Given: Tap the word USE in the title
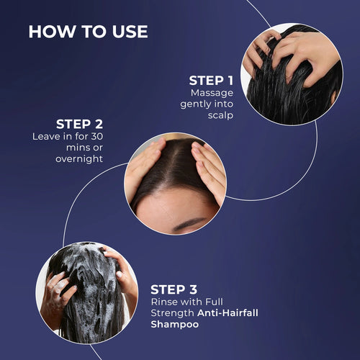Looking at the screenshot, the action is (x=130, y=32).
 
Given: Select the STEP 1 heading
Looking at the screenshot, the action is (x=211, y=81).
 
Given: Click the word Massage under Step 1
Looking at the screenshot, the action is (x=212, y=94).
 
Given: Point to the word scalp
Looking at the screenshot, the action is (x=220, y=115).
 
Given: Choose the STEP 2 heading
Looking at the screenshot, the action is (x=79, y=125).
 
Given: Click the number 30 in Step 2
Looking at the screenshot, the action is (x=97, y=136).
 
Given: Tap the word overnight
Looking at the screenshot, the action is (x=79, y=159).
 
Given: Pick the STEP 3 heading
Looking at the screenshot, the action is (x=174, y=289).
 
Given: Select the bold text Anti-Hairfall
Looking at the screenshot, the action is (x=228, y=313).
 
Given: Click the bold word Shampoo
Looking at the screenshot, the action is (x=175, y=325).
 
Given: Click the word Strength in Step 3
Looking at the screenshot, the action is (x=172, y=313).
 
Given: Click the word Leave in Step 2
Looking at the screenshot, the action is (x=46, y=136).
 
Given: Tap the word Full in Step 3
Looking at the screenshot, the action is (x=214, y=302).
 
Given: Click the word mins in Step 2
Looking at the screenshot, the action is (x=76, y=148).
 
